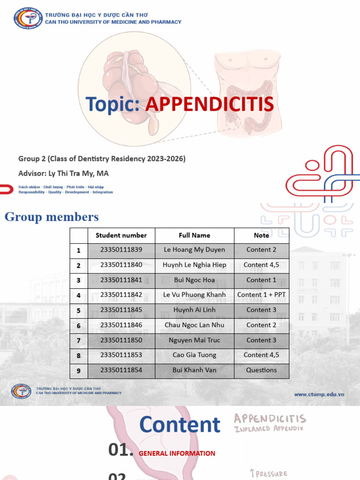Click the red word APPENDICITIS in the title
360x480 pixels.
point(209,104)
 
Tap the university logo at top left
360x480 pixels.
point(28,18)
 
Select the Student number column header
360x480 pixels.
point(121,235)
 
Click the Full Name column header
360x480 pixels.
point(194,235)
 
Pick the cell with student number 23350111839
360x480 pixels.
point(121,250)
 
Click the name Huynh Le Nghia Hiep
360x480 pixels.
point(194,265)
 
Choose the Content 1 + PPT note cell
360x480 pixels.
point(261,295)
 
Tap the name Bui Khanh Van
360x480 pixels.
point(194,370)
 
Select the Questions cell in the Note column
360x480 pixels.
point(261,370)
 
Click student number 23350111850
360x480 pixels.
point(121,340)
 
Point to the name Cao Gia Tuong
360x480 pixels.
point(194,355)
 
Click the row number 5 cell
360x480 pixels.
point(79,310)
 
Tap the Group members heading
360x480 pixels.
point(52,217)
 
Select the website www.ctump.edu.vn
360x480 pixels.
point(319,394)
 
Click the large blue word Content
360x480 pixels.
point(180,425)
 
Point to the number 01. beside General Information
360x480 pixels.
point(120,450)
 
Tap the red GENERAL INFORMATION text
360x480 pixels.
point(177,453)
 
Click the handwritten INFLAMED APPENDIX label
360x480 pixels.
point(269,428)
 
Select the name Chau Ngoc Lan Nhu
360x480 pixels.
point(194,325)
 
